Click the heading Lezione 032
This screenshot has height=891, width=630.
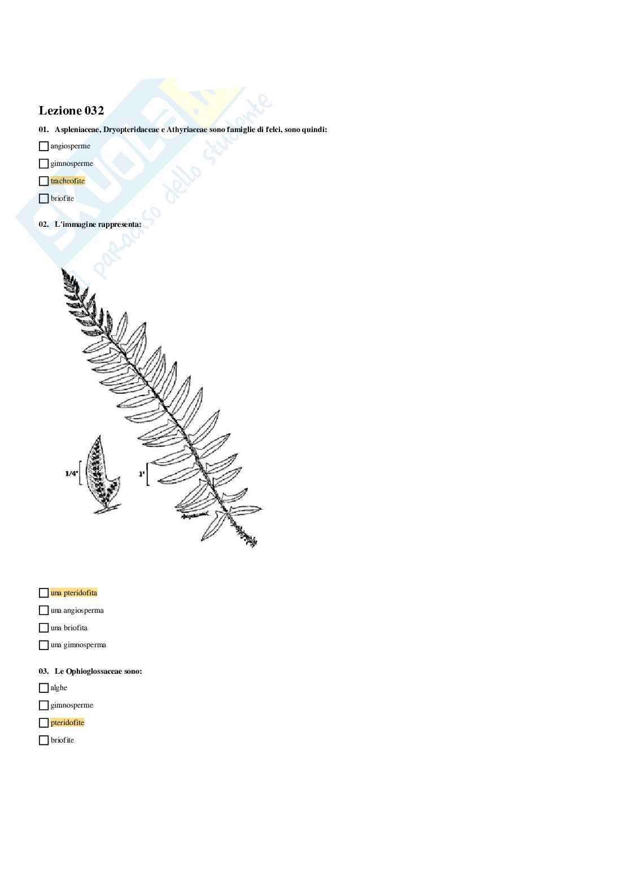pyautogui.click(x=71, y=111)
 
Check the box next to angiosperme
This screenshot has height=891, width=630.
pyautogui.click(x=43, y=146)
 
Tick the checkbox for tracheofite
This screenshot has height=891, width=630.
pyautogui.click(x=43, y=181)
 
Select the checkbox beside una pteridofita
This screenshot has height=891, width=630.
pyautogui.click(x=43, y=593)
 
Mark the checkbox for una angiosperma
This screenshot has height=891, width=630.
pyautogui.click(x=43, y=611)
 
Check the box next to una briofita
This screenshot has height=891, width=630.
pyautogui.click(x=43, y=628)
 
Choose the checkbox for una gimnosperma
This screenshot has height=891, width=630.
pyautogui.click(x=43, y=645)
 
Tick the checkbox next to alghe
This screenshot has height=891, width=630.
pyautogui.click(x=43, y=688)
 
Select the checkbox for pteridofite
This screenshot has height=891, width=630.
pyautogui.click(x=43, y=723)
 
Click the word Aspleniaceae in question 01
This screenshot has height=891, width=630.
pyautogui.click(x=77, y=130)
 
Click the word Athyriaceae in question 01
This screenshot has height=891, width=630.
pyautogui.click(x=187, y=130)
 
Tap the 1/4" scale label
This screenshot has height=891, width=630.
pyautogui.click(x=72, y=473)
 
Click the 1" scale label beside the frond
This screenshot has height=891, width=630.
pyautogui.click(x=142, y=474)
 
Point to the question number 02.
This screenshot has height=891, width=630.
pyautogui.click(x=43, y=225)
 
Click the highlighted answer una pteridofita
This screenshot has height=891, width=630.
pyautogui.click(x=74, y=593)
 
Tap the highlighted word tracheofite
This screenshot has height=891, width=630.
pyautogui.click(x=68, y=181)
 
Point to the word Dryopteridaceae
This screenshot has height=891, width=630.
pyautogui.click(x=132, y=130)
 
